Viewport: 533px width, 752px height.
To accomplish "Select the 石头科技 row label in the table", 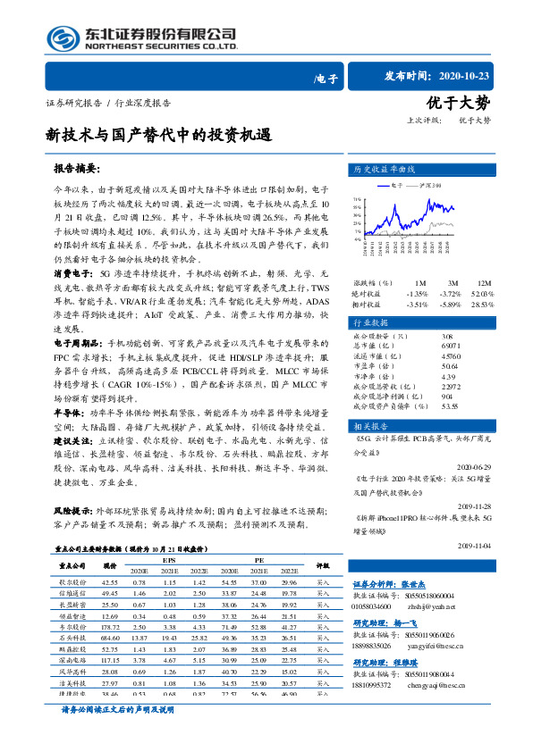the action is click(x=72, y=638).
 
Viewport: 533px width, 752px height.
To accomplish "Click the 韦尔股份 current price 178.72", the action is click(x=110, y=627).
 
